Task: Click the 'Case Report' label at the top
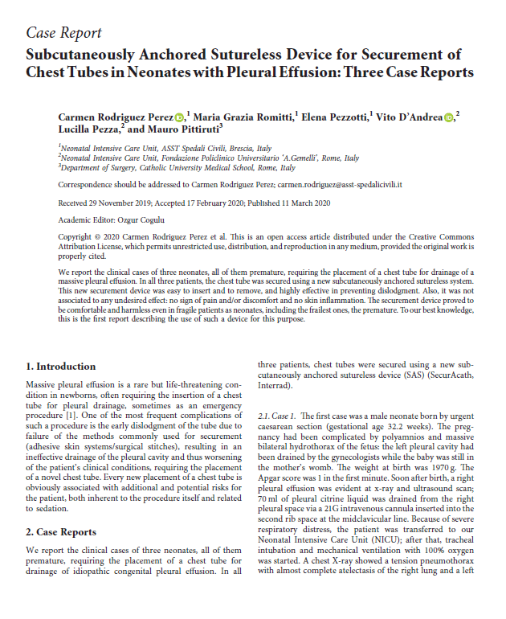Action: click(64, 33)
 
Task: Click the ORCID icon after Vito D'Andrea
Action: click(450, 117)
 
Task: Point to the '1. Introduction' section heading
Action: click(61, 366)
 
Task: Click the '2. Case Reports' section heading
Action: click(62, 532)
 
